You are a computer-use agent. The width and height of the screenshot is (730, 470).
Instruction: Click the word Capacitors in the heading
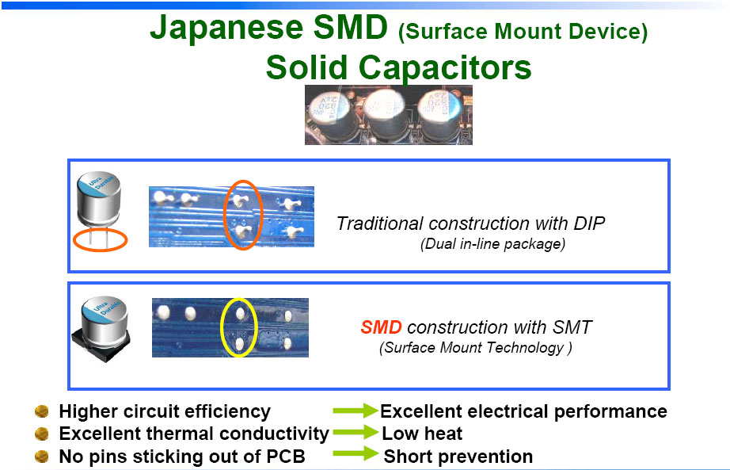445,67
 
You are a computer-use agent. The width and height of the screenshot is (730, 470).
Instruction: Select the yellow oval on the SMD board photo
221,327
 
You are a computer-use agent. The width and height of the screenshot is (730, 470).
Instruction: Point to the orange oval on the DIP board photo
225,215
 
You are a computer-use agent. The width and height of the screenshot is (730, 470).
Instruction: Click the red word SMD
381,327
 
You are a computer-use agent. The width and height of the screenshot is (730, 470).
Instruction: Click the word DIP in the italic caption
589,224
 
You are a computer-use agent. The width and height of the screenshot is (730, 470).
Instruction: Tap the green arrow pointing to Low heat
355,432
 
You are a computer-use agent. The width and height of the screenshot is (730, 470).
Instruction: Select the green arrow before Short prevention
355,453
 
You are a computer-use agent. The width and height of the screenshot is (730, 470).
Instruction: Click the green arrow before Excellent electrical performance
355,411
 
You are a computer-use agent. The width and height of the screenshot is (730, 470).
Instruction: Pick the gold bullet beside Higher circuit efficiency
42,411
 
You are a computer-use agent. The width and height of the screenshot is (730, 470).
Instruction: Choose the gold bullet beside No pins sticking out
42,456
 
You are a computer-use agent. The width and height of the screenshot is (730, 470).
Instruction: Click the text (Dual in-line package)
492,244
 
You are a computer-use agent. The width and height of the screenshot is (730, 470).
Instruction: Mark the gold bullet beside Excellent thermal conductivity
42,434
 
